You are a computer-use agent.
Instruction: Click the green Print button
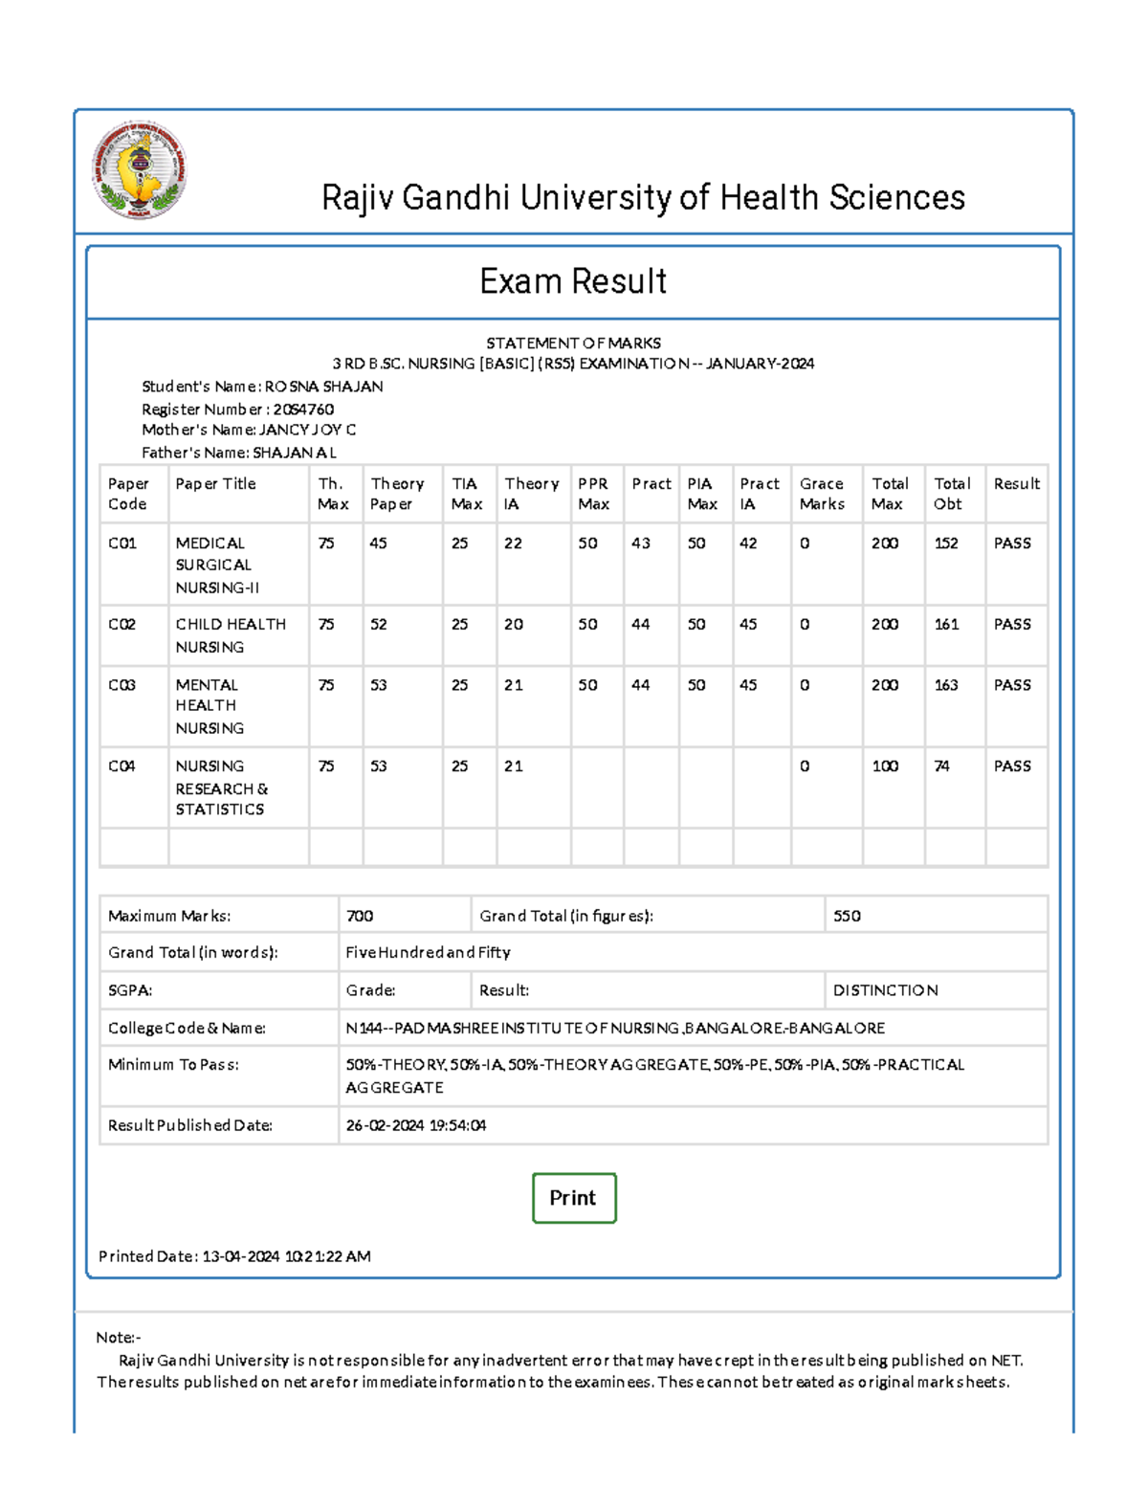(x=573, y=1197)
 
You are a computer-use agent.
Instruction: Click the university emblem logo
(x=139, y=169)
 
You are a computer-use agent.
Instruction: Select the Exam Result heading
(x=573, y=281)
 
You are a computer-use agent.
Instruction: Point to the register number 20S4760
(x=303, y=410)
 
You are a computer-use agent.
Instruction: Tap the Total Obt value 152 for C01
(x=946, y=543)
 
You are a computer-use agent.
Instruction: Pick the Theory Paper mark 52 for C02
(x=379, y=625)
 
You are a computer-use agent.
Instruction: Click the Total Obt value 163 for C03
(x=946, y=685)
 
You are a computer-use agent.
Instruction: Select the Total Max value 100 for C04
(x=885, y=766)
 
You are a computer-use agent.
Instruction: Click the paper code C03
(x=121, y=685)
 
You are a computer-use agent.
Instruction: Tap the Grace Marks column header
(x=822, y=494)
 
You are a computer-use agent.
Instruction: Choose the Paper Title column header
(x=215, y=484)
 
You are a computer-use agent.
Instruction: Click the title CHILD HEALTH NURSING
(x=230, y=635)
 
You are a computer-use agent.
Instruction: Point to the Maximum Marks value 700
(x=360, y=916)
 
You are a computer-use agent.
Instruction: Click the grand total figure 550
(x=847, y=916)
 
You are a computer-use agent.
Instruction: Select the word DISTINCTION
(x=885, y=990)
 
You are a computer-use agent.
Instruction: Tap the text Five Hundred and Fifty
(x=428, y=952)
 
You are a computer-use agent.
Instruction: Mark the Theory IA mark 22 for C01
(x=514, y=543)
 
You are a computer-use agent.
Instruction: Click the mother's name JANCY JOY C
(x=307, y=431)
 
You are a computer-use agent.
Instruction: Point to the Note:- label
(x=119, y=1338)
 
